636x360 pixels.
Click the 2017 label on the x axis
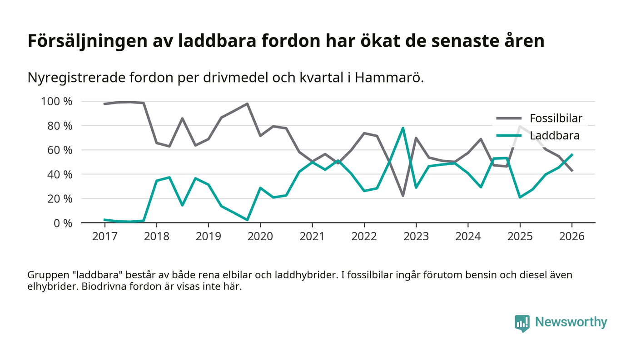tap(104, 237)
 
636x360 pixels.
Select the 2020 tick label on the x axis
tap(260, 237)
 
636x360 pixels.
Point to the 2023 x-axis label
tap(416, 237)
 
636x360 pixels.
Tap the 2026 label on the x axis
tap(572, 237)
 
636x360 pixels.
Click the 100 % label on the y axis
tap(57, 101)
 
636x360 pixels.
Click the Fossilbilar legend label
tap(556, 119)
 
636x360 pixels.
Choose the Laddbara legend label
tap(555, 135)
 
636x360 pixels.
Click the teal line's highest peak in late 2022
tap(403, 128)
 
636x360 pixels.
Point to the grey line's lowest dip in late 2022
tap(403, 196)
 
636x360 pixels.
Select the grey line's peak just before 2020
tap(247, 104)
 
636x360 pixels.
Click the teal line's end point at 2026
tap(572, 154)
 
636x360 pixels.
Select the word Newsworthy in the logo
tap(571, 322)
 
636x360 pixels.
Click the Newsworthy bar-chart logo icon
tap(522, 323)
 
